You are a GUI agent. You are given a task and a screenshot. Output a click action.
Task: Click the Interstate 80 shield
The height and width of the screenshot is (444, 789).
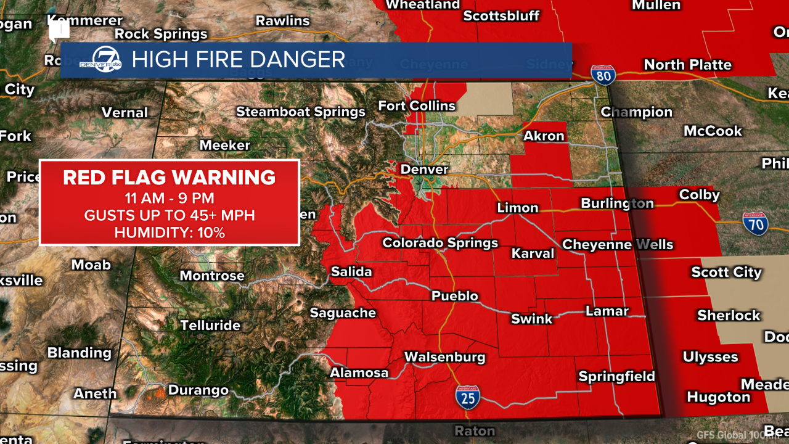(603, 75)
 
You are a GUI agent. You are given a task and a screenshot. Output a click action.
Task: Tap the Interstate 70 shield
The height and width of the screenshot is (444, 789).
(755, 224)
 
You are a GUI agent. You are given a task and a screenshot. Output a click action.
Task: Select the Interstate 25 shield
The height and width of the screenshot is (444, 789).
(468, 397)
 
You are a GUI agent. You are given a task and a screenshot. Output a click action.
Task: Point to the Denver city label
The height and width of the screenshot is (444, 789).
(424, 169)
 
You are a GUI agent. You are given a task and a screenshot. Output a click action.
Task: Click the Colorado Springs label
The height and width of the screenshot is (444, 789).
(440, 242)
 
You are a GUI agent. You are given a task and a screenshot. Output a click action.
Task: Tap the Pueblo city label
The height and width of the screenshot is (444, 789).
(455, 296)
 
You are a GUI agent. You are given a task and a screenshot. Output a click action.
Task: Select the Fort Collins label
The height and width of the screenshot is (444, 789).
(417, 106)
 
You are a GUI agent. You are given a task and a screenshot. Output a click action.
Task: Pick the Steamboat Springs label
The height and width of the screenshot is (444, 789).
(301, 112)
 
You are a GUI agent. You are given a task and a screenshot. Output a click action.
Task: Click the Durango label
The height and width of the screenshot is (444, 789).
(198, 390)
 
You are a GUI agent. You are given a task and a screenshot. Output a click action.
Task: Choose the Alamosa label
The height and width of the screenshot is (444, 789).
(359, 372)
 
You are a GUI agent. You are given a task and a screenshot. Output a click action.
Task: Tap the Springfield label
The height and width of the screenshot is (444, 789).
(616, 376)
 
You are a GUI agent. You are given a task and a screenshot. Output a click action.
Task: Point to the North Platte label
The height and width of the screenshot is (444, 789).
(687, 65)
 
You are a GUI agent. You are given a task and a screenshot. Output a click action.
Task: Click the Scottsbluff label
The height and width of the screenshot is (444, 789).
(501, 16)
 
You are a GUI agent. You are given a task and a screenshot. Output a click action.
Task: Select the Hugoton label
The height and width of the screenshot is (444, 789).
(718, 397)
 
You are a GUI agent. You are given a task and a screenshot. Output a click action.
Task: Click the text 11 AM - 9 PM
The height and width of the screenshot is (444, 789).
(169, 199)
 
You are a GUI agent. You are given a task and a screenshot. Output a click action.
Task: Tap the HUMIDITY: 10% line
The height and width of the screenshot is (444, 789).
(169, 233)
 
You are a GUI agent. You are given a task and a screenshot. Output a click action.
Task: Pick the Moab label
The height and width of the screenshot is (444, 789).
(91, 265)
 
